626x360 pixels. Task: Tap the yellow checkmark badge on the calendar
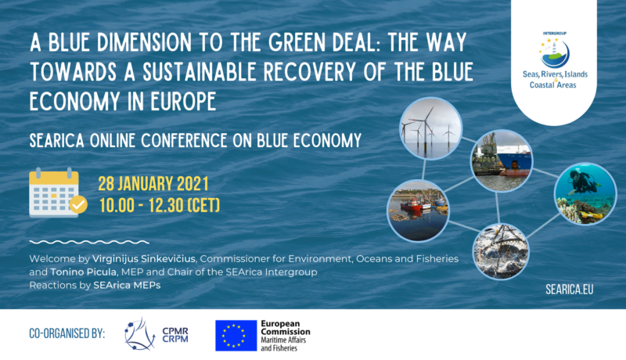pyautogui.click(x=78, y=205)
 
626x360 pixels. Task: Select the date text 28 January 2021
pyautogui.click(x=153, y=184)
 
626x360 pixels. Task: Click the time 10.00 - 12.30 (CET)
pyautogui.click(x=160, y=206)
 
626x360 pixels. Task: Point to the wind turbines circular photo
pyautogui.click(x=431, y=128)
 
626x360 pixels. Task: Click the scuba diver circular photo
pyautogui.click(x=585, y=193)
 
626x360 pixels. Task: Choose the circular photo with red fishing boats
pyautogui.click(x=419, y=211)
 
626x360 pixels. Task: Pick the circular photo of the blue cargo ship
pyautogui.click(x=502, y=160)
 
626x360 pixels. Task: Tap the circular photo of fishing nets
pyautogui.click(x=501, y=251)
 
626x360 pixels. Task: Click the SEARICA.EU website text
pyautogui.click(x=570, y=290)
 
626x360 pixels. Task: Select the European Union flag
pyautogui.click(x=236, y=336)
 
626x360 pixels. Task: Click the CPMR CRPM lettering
pyautogui.click(x=174, y=335)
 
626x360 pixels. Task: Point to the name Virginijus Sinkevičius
pyautogui.click(x=144, y=259)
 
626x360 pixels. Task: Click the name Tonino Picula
pyautogui.click(x=84, y=272)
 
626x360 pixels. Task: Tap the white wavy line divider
pyautogui.click(x=89, y=242)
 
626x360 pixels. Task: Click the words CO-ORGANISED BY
pyautogui.click(x=67, y=333)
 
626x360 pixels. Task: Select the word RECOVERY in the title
pyautogui.click(x=309, y=72)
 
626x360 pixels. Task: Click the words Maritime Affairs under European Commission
pyautogui.click(x=283, y=340)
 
